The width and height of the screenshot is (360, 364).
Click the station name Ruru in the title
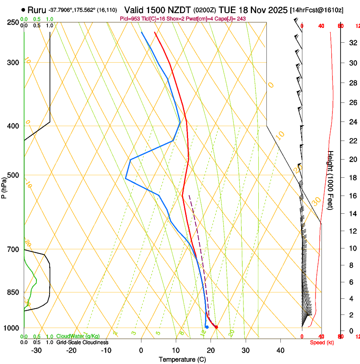(37, 10)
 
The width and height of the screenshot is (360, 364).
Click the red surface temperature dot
(216, 327)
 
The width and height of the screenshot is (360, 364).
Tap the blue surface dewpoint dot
(207, 327)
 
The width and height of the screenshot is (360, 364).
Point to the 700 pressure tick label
(13, 250)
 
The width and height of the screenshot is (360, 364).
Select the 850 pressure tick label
(13, 292)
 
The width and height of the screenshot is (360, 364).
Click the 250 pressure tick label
(13, 22)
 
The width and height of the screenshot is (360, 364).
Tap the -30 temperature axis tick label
(36, 350)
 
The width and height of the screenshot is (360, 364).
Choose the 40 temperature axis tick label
(280, 350)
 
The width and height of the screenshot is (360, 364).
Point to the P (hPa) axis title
(4, 187)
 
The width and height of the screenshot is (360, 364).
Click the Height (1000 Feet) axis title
(331, 180)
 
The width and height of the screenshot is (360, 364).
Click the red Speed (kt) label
(321, 342)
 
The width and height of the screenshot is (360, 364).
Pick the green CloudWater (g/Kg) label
(78, 336)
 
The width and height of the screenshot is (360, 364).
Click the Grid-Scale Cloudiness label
(82, 342)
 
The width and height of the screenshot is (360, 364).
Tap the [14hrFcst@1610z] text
(317, 10)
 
